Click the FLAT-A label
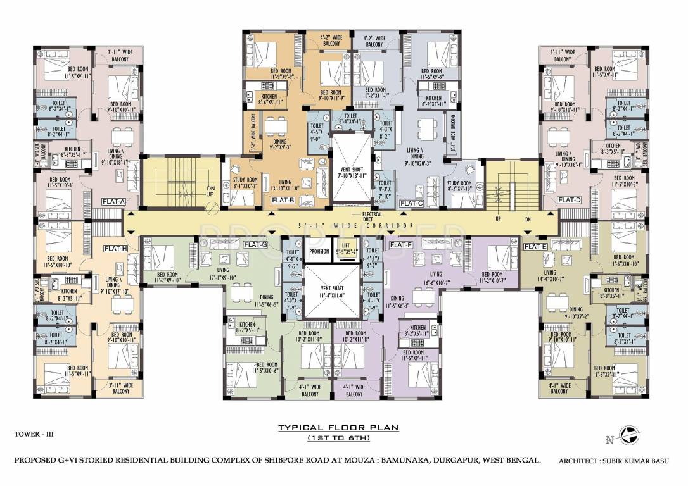pos(113,201)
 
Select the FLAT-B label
pos(283,201)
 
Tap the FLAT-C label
pos(411,203)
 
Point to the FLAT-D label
pos(569,201)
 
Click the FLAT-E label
pos(535,246)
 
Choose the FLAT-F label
pos(401,244)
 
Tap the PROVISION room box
pos(319,251)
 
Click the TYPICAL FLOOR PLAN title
pos(338,428)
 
